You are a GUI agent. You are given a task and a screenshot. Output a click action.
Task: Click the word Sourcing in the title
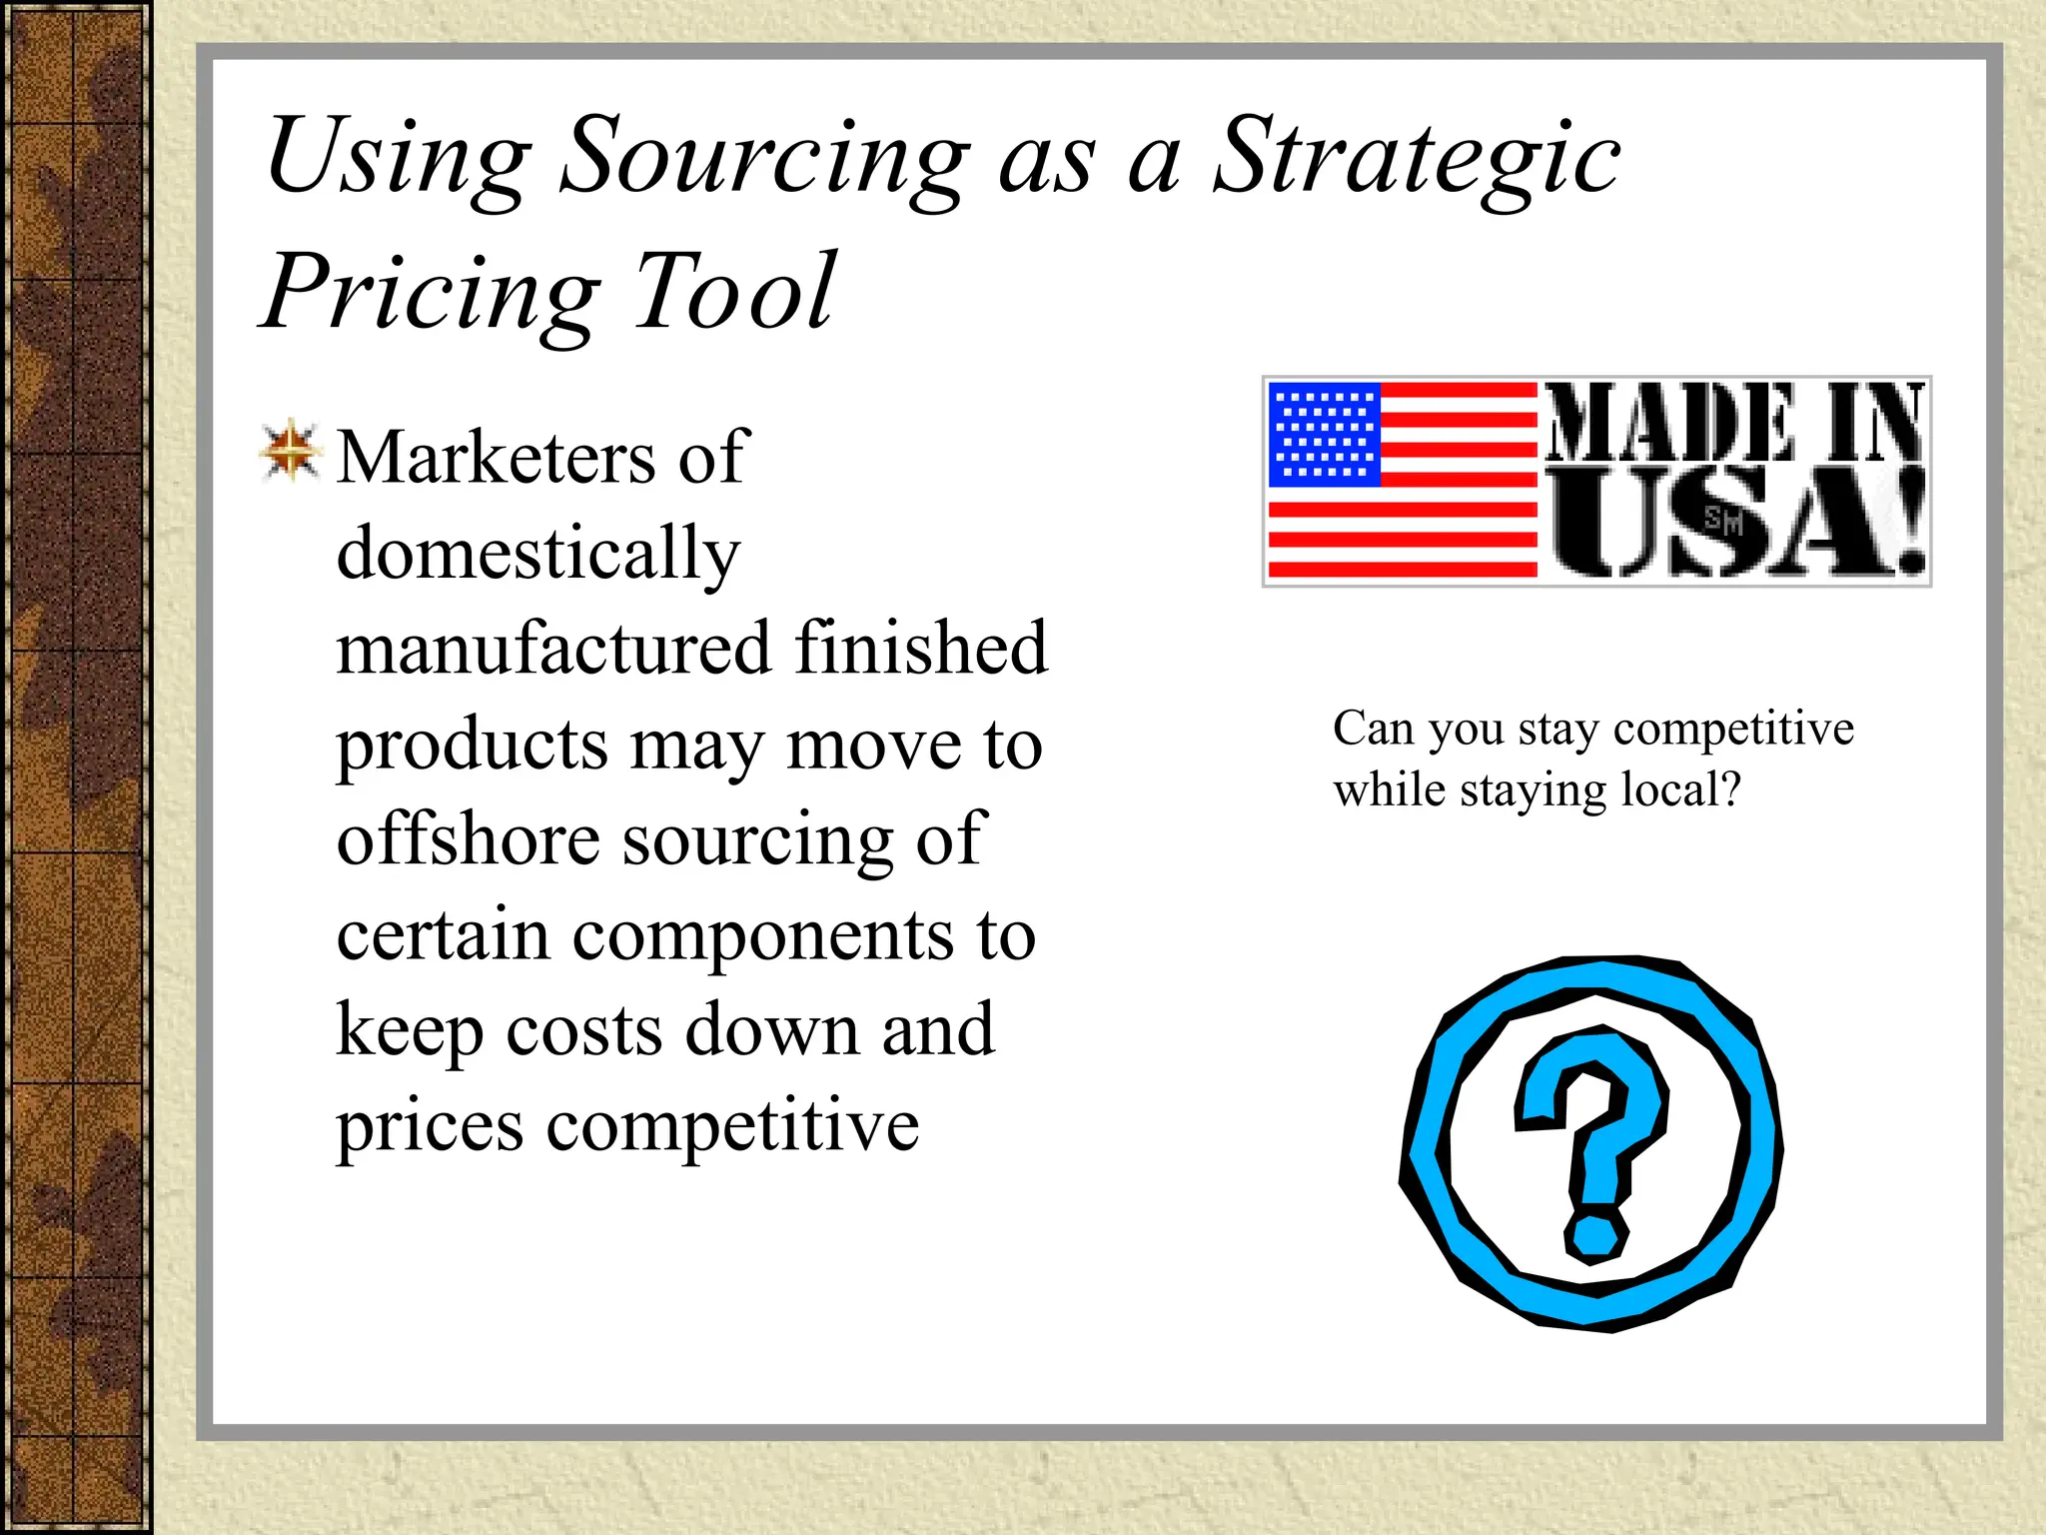click(x=763, y=160)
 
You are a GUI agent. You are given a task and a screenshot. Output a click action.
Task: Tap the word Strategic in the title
click(x=1416, y=160)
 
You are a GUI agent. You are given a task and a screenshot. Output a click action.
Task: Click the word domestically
click(x=538, y=553)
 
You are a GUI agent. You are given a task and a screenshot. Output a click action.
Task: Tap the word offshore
click(x=467, y=839)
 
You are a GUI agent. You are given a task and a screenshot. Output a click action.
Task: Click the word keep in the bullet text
click(x=410, y=1031)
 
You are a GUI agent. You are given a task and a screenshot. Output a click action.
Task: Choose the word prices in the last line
click(x=430, y=1127)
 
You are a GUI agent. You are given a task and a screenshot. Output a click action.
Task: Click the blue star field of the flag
click(x=1324, y=435)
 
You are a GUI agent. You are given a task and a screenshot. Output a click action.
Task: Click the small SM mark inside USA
click(x=1723, y=521)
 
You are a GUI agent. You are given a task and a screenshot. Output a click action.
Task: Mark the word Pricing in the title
click(x=431, y=292)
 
